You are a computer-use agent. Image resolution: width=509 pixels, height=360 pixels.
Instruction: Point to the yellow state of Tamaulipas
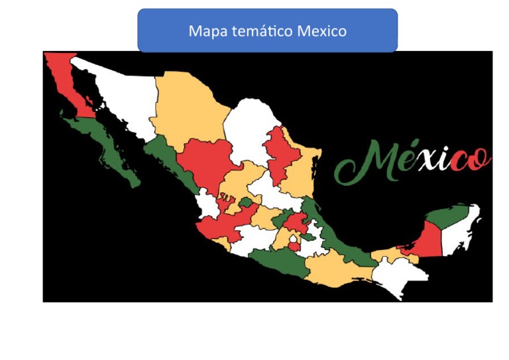pos(302,166)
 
